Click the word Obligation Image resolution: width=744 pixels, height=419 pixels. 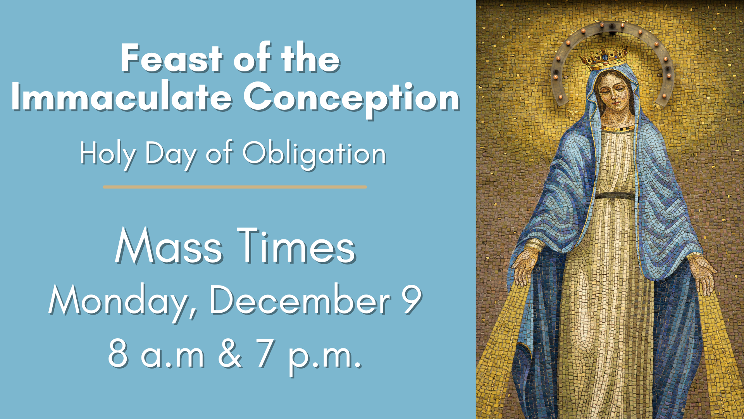[x=314, y=155]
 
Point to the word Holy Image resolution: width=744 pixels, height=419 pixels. [x=108, y=155]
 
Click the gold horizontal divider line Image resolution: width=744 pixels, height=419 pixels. [x=235, y=187]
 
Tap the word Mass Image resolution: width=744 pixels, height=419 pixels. [x=169, y=246]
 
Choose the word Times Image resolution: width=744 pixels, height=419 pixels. [x=296, y=246]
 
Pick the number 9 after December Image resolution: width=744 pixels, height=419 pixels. [x=411, y=300]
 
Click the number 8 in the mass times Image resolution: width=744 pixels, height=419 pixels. [x=118, y=353]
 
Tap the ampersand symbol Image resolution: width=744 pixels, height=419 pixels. [x=230, y=353]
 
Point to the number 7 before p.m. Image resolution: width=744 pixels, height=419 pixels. [x=265, y=353]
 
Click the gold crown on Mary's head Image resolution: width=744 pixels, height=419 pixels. [x=603, y=59]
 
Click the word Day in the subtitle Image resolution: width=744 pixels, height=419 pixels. [x=171, y=155]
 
